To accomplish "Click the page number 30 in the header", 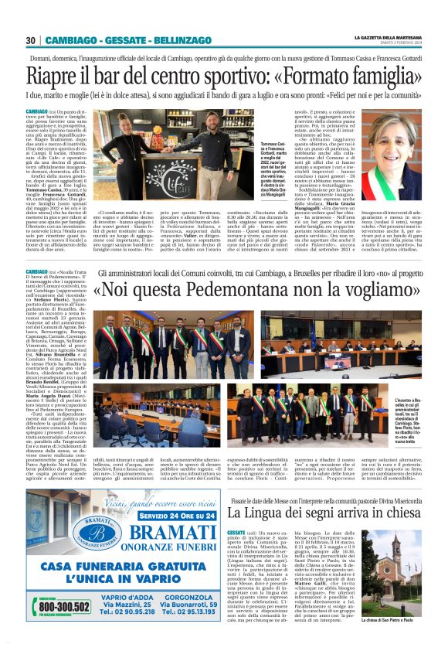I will (x=29, y=40).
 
